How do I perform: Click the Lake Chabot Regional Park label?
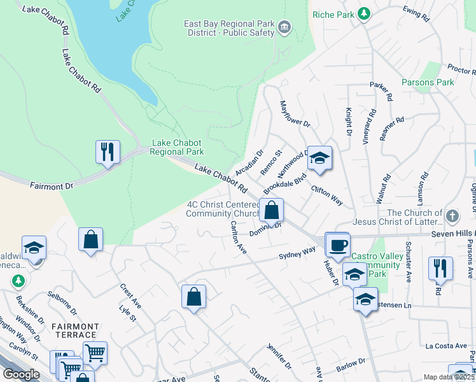[178, 148]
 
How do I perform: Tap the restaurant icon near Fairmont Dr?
[107, 152]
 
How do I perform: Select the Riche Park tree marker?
[363, 13]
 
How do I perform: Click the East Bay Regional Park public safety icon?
[284, 26]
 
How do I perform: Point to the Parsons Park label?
[428, 82]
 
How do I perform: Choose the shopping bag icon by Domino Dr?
[271, 209]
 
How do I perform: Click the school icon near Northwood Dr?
[319, 157]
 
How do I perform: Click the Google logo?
[21, 374]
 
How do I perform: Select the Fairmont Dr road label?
[52, 186]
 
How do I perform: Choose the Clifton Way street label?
[327, 195]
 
